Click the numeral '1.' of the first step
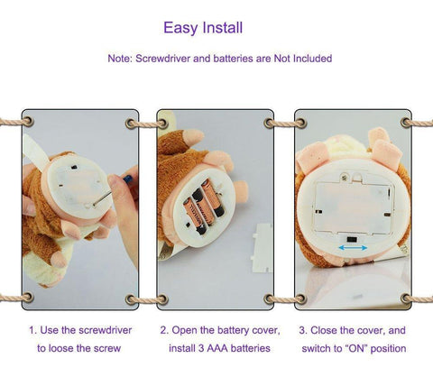click(33, 329)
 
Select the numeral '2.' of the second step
click(163, 329)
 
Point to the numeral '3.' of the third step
click(302, 329)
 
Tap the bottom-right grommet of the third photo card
click(401, 295)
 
